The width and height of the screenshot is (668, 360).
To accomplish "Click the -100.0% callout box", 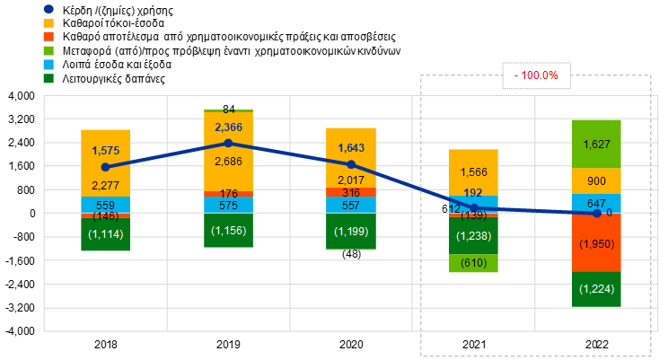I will click(536, 76).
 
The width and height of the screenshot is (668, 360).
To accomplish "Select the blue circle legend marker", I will click(48, 9).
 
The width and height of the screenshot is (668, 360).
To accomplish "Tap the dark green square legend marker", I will click(48, 78).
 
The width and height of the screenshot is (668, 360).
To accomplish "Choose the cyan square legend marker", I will click(48, 65).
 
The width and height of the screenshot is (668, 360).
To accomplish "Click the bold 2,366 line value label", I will click(228, 127).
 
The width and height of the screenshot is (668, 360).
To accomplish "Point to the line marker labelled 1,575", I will click(105, 167).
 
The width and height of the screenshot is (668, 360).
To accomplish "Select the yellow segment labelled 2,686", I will click(228, 162).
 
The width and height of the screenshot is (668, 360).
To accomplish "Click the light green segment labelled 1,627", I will click(597, 144).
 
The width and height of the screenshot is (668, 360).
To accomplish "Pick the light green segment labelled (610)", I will click(474, 263).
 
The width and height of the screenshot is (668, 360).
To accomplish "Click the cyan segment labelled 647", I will click(597, 203).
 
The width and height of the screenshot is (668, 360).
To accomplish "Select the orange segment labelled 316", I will click(351, 192).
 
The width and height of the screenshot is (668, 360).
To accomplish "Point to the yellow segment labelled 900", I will click(597, 180).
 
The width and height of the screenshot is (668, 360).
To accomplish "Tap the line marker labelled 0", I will click(597, 213).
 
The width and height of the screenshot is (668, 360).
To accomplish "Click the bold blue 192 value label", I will click(474, 192).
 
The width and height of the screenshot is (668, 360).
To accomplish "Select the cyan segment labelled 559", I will click(105, 205).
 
